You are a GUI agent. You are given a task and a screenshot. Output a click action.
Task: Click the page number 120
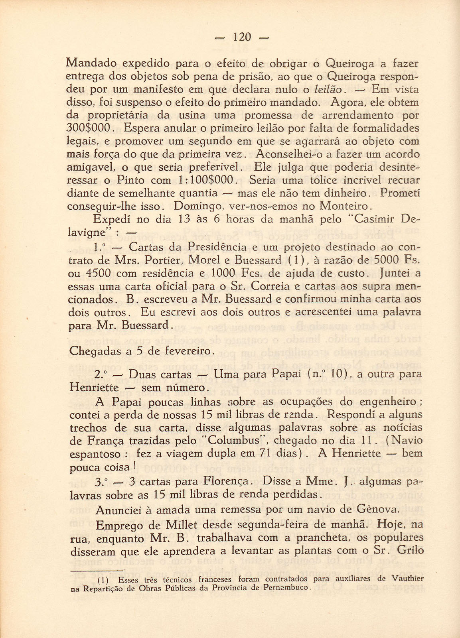(242, 37)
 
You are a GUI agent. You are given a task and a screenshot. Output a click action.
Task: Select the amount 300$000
(91, 128)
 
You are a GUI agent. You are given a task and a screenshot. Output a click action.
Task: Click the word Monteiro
(345, 207)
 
